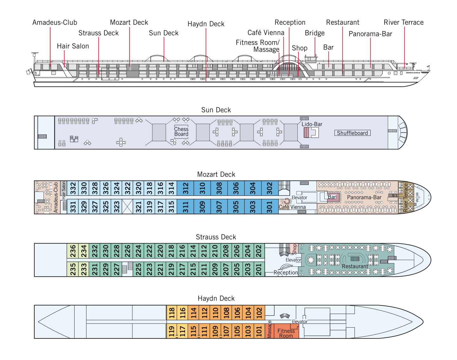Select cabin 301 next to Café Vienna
point(269,207)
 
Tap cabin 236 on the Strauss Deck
point(73,251)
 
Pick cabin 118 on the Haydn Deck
point(172,313)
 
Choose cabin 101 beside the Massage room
point(259,331)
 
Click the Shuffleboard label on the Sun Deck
point(352,133)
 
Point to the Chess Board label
point(181,132)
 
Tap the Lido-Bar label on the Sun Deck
point(312,124)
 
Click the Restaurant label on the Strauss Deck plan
point(355,266)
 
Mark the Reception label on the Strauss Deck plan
point(286,272)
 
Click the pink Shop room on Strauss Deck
point(294,249)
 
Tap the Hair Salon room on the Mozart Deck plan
point(63,190)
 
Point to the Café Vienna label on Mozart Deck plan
point(292,207)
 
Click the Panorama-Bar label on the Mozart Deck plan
point(364,197)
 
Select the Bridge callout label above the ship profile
point(315,33)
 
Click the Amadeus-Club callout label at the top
point(55,23)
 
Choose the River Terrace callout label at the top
point(403,23)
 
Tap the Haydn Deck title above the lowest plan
point(216,298)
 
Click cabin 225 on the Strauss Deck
point(138,269)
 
